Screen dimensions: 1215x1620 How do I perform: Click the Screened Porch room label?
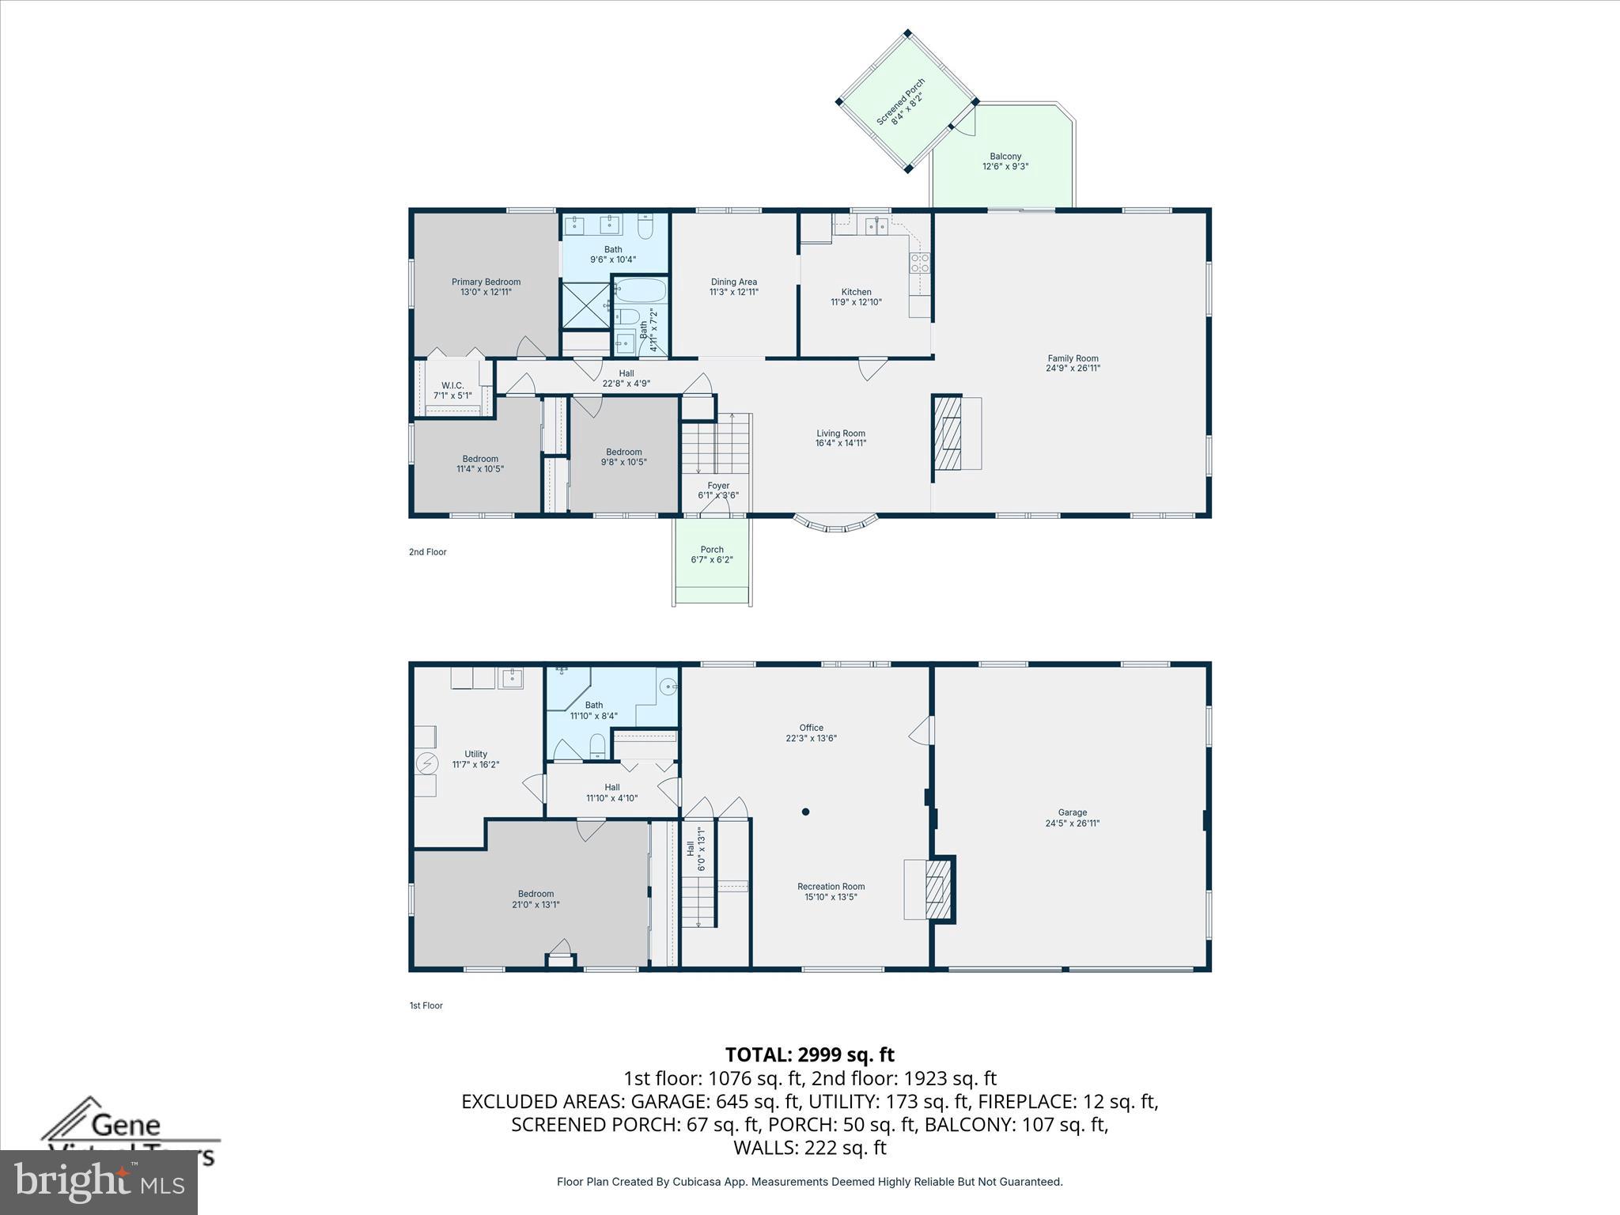[902, 101]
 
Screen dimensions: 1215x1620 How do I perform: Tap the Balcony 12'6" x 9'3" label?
[1005, 162]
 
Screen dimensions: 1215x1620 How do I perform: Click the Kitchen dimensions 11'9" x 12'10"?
[856, 302]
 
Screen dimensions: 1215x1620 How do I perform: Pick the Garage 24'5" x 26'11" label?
[1072, 818]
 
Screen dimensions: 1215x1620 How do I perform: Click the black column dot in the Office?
[805, 812]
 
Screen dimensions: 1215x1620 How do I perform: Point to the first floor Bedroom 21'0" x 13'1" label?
[536, 899]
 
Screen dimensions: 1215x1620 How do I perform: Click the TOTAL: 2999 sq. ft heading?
[809, 1054]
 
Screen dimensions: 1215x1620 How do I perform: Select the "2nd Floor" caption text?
[427, 552]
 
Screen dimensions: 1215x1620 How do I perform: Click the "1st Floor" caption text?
[426, 1005]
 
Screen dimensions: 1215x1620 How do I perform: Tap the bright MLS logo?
[99, 1182]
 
